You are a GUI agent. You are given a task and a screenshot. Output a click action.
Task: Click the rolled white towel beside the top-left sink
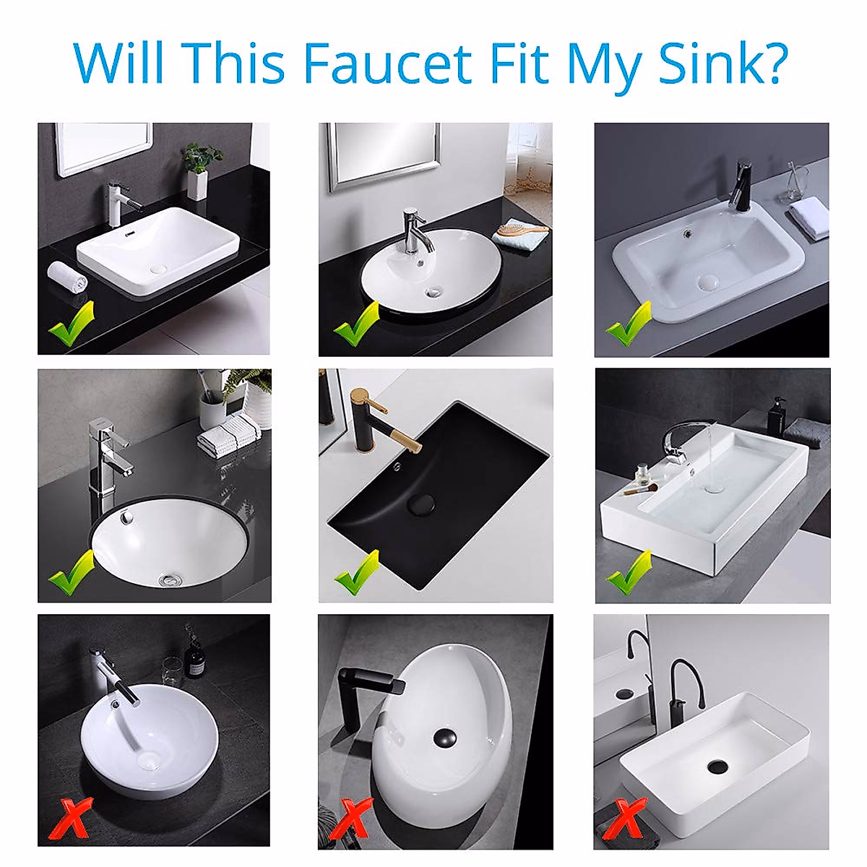pyautogui.click(x=67, y=277)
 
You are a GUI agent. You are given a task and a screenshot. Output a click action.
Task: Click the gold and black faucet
pyautogui.click(x=379, y=420)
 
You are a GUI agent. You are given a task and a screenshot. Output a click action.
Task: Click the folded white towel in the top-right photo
pyautogui.click(x=808, y=217)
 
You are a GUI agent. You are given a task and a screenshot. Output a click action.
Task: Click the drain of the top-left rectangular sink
pyautogui.click(x=158, y=268)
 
